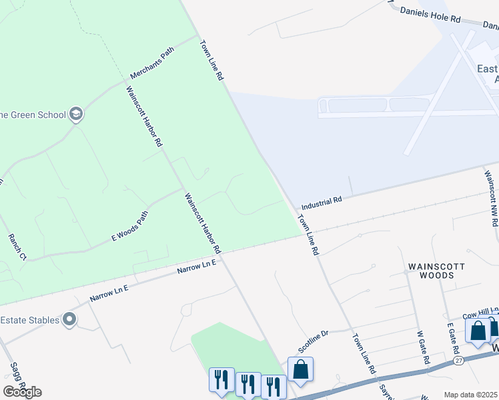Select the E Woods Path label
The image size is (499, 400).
[x=129, y=225]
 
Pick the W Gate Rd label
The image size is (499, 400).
[x=423, y=346]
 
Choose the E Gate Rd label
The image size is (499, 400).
[x=454, y=339]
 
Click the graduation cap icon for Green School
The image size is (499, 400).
[x=75, y=114]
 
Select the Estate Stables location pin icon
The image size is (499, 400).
[x=69, y=320]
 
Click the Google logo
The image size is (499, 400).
[x=22, y=392]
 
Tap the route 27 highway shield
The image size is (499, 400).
[x=458, y=360]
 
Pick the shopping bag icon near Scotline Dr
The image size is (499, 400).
[x=300, y=369]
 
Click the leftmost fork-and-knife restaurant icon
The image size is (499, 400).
[x=221, y=379]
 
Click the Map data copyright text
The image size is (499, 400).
[x=470, y=395]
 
